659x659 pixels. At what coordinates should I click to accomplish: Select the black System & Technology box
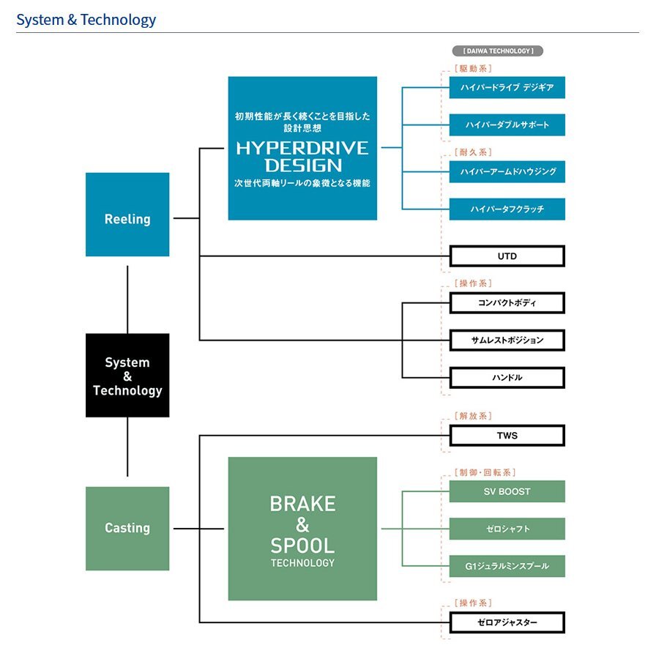pyautogui.click(x=127, y=376)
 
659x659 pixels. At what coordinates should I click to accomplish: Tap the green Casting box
pyautogui.click(x=127, y=528)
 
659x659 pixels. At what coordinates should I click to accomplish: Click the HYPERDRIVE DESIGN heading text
pyautogui.click(x=302, y=156)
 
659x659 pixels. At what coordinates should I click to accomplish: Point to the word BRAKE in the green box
pyautogui.click(x=302, y=504)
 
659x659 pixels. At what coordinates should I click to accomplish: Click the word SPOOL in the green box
pyautogui.click(x=302, y=546)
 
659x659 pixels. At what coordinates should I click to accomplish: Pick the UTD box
pyautogui.click(x=507, y=256)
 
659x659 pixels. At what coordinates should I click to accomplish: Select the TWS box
pyautogui.click(x=507, y=436)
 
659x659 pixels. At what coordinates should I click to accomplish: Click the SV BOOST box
pyautogui.click(x=507, y=491)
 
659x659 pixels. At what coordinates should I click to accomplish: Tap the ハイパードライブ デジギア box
pyautogui.click(x=507, y=87)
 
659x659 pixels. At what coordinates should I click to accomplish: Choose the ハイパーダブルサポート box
pyautogui.click(x=507, y=124)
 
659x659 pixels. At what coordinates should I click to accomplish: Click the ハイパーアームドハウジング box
pyautogui.click(x=507, y=171)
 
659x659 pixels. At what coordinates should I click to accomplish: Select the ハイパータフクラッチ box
pyautogui.click(x=507, y=209)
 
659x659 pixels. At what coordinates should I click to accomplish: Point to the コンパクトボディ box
pyautogui.click(x=507, y=302)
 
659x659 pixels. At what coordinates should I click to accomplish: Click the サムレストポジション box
pyautogui.click(x=507, y=340)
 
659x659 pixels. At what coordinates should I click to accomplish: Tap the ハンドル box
pyautogui.click(x=507, y=378)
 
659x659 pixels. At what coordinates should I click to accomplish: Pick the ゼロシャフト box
pyautogui.click(x=507, y=529)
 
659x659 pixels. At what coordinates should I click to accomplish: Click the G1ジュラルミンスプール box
pyautogui.click(x=507, y=566)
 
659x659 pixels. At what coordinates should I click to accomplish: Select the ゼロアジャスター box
pyautogui.click(x=507, y=623)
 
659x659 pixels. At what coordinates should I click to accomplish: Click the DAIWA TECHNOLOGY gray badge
pyautogui.click(x=498, y=51)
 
